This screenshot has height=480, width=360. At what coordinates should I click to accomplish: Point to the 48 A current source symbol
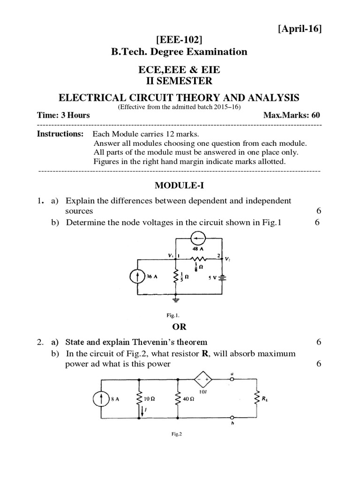tap(198, 239)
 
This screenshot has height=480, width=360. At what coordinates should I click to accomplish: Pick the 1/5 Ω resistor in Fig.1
tap(175, 277)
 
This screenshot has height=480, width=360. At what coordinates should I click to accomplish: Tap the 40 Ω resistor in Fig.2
tap(178, 400)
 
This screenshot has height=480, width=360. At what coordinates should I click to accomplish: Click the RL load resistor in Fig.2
tap(257, 399)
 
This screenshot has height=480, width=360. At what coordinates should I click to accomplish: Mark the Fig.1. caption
tap(180, 315)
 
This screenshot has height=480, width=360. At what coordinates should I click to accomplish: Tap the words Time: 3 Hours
tap(63, 115)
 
